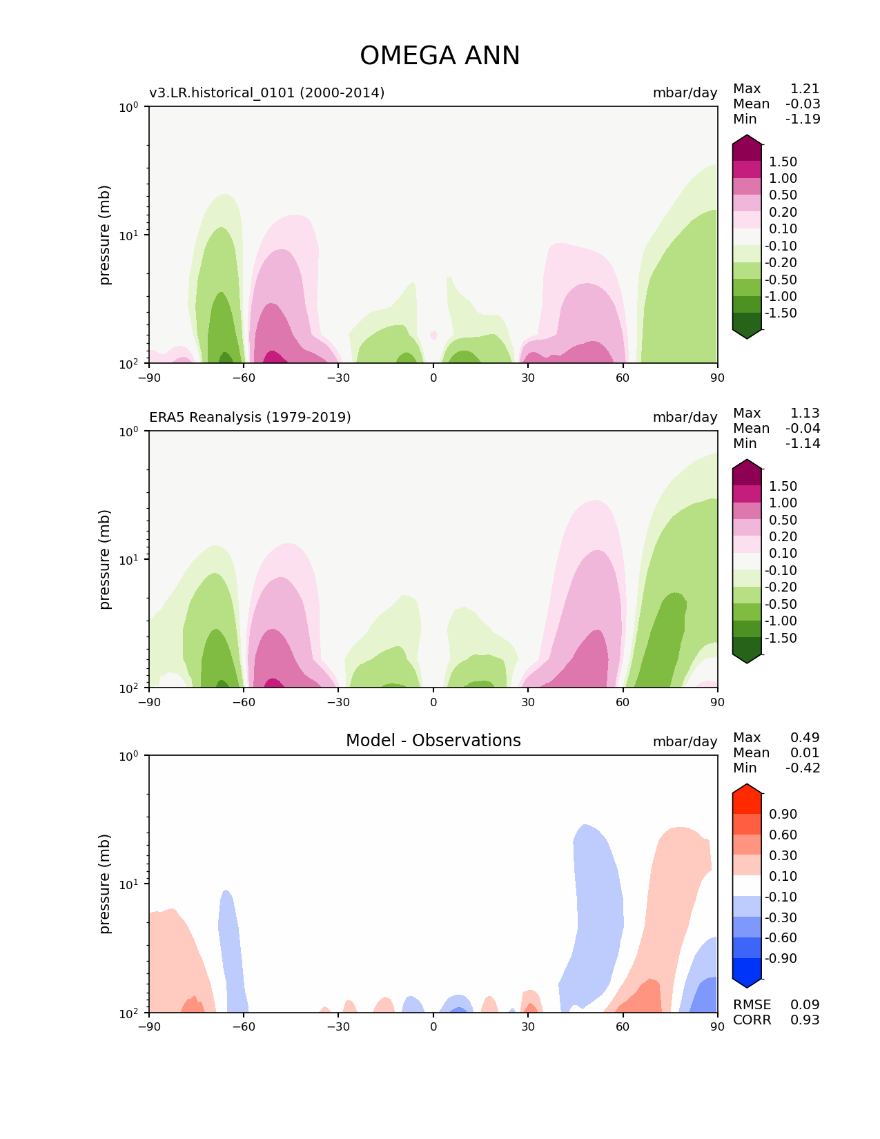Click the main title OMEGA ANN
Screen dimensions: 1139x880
pos(440,56)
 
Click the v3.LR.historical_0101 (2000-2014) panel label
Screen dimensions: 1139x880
pos(266,93)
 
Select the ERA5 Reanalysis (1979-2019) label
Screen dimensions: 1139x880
pos(250,417)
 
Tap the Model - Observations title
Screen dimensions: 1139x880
pos(433,741)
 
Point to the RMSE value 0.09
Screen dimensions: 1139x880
pos(805,1004)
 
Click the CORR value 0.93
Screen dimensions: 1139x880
pos(805,1020)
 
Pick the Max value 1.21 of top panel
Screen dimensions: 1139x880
pos(805,88)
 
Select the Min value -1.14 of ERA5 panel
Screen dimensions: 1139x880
pos(803,443)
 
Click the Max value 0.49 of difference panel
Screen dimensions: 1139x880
pos(805,737)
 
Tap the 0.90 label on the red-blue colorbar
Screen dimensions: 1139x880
pos(783,814)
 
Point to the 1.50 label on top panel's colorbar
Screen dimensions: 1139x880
pos(783,162)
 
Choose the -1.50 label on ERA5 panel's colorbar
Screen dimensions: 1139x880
pos(781,638)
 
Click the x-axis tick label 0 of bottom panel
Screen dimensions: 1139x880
pos(433,1026)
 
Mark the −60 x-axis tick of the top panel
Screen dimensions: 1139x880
pos(244,377)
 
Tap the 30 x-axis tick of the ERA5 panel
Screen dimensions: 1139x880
pos(528,701)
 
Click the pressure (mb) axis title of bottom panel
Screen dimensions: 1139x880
pos(105,884)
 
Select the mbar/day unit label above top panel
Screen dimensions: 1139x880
pos(685,93)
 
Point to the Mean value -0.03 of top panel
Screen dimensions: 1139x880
pos(803,104)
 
